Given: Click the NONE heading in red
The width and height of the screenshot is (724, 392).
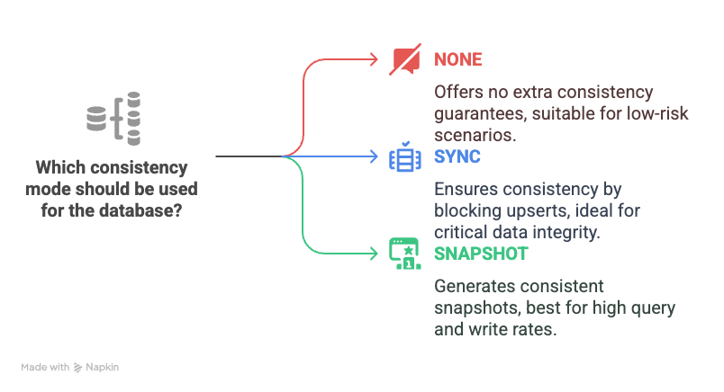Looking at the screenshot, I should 458,60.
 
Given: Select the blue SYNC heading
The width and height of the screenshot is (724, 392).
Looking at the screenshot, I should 457,156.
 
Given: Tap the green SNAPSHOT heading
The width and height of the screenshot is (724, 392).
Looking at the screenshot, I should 481,254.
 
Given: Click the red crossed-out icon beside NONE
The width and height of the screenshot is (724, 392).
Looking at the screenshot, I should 404,60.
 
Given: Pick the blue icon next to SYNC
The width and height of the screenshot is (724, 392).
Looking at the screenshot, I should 404,157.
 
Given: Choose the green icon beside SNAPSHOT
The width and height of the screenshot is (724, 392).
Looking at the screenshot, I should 404,254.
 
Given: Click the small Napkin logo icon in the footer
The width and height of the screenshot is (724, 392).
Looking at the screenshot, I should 78,367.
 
